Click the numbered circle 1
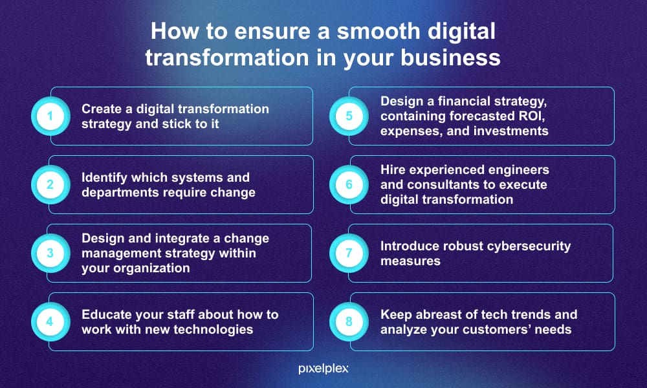[x=50, y=116]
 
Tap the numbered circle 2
[x=50, y=185]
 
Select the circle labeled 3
[x=50, y=253]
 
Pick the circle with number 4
[x=50, y=321]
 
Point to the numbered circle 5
[x=349, y=116]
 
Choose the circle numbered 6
[x=349, y=185]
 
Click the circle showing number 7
[x=349, y=253]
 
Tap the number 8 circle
[x=349, y=321]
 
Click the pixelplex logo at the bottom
[x=323, y=369]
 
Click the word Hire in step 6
[x=393, y=170]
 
